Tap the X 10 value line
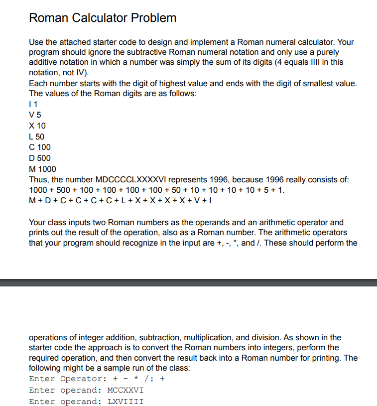pos(37,126)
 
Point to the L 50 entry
pos(37,136)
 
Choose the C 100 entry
pos(40,147)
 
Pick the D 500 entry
pos(40,158)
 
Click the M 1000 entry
pos(42,169)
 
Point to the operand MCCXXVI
pos(126,390)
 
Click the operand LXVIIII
pos(126,402)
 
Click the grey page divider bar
pos(188,282)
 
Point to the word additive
pos(44,62)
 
